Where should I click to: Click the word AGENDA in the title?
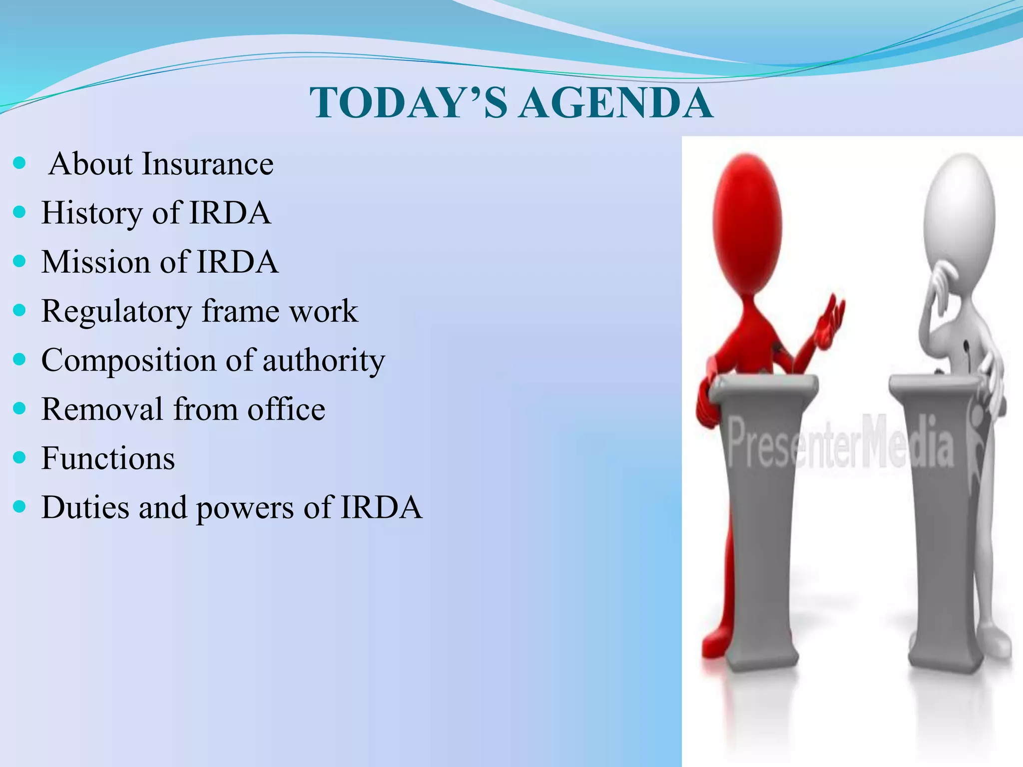pyautogui.click(x=615, y=103)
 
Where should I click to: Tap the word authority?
pyautogui.click(x=324, y=360)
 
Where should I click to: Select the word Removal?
pyautogui.click(x=102, y=409)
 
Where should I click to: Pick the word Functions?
pyautogui.click(x=108, y=458)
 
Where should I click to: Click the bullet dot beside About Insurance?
pyautogui.click(x=19, y=163)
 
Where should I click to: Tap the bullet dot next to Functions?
pyautogui.click(x=19, y=457)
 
